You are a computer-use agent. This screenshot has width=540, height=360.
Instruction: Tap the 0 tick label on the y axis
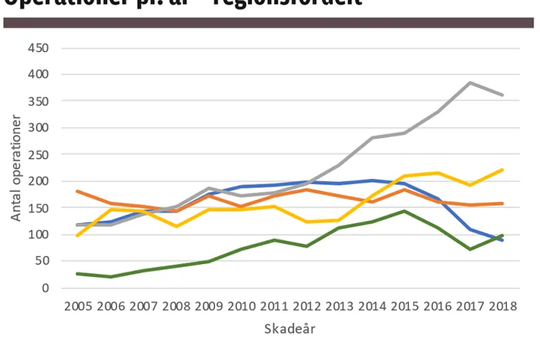click(46, 288)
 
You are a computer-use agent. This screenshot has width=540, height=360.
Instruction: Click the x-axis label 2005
click(78, 306)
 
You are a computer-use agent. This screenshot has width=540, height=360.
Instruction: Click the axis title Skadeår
click(290, 330)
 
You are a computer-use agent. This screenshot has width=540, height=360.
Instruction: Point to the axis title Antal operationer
click(17, 168)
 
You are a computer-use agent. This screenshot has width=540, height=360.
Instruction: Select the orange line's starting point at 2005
click(78, 191)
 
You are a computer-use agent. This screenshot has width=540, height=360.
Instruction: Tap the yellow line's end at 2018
click(502, 170)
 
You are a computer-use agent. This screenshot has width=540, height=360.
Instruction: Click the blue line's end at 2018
click(502, 240)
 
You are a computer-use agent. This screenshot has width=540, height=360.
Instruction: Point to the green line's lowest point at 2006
click(111, 277)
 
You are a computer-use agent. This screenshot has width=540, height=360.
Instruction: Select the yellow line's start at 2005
click(78, 236)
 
